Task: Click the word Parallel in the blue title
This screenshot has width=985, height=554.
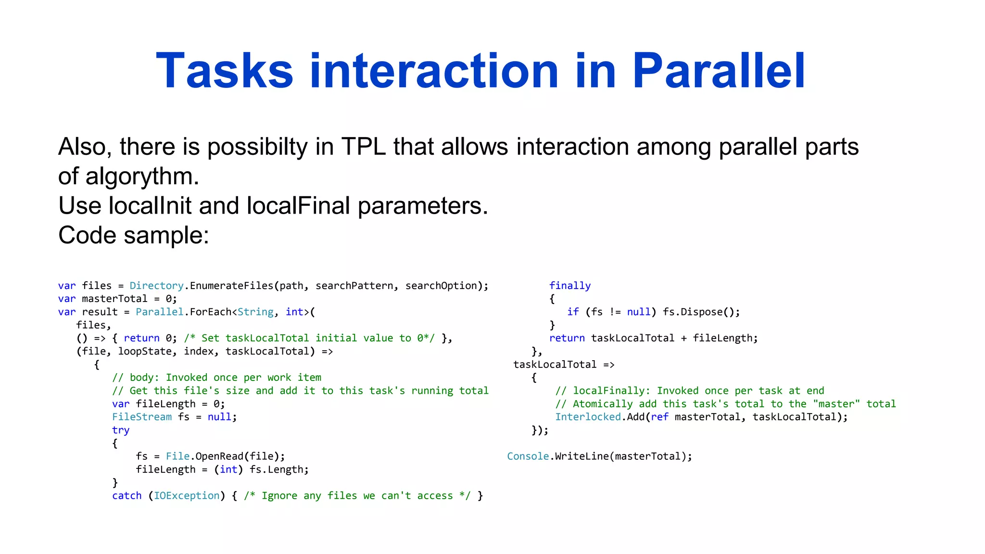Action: point(719,71)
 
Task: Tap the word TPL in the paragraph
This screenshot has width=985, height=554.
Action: point(363,147)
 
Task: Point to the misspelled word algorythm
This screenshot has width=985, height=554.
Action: point(142,176)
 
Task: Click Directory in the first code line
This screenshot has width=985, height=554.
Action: point(156,286)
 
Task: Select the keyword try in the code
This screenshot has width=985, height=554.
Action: point(121,430)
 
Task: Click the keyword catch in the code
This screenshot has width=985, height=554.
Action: point(127,496)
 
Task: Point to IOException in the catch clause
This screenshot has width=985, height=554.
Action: point(187,496)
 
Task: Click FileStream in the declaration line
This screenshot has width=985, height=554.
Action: point(142,417)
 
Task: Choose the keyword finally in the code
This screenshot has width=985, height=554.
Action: point(570,286)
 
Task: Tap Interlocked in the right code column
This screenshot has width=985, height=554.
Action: point(588,417)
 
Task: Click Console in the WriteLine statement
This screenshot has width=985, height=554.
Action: point(528,456)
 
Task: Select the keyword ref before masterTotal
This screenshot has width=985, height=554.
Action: point(659,417)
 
